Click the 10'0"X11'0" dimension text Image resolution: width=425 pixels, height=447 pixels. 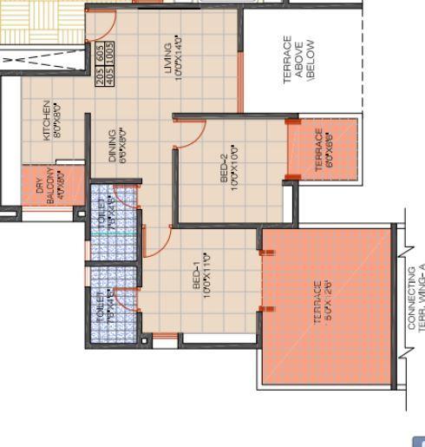coord(207,274)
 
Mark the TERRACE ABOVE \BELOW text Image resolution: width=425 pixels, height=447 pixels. coord(297,61)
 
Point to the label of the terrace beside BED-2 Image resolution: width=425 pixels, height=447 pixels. coord(319,149)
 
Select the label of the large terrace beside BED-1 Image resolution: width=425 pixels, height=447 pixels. coord(317,301)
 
